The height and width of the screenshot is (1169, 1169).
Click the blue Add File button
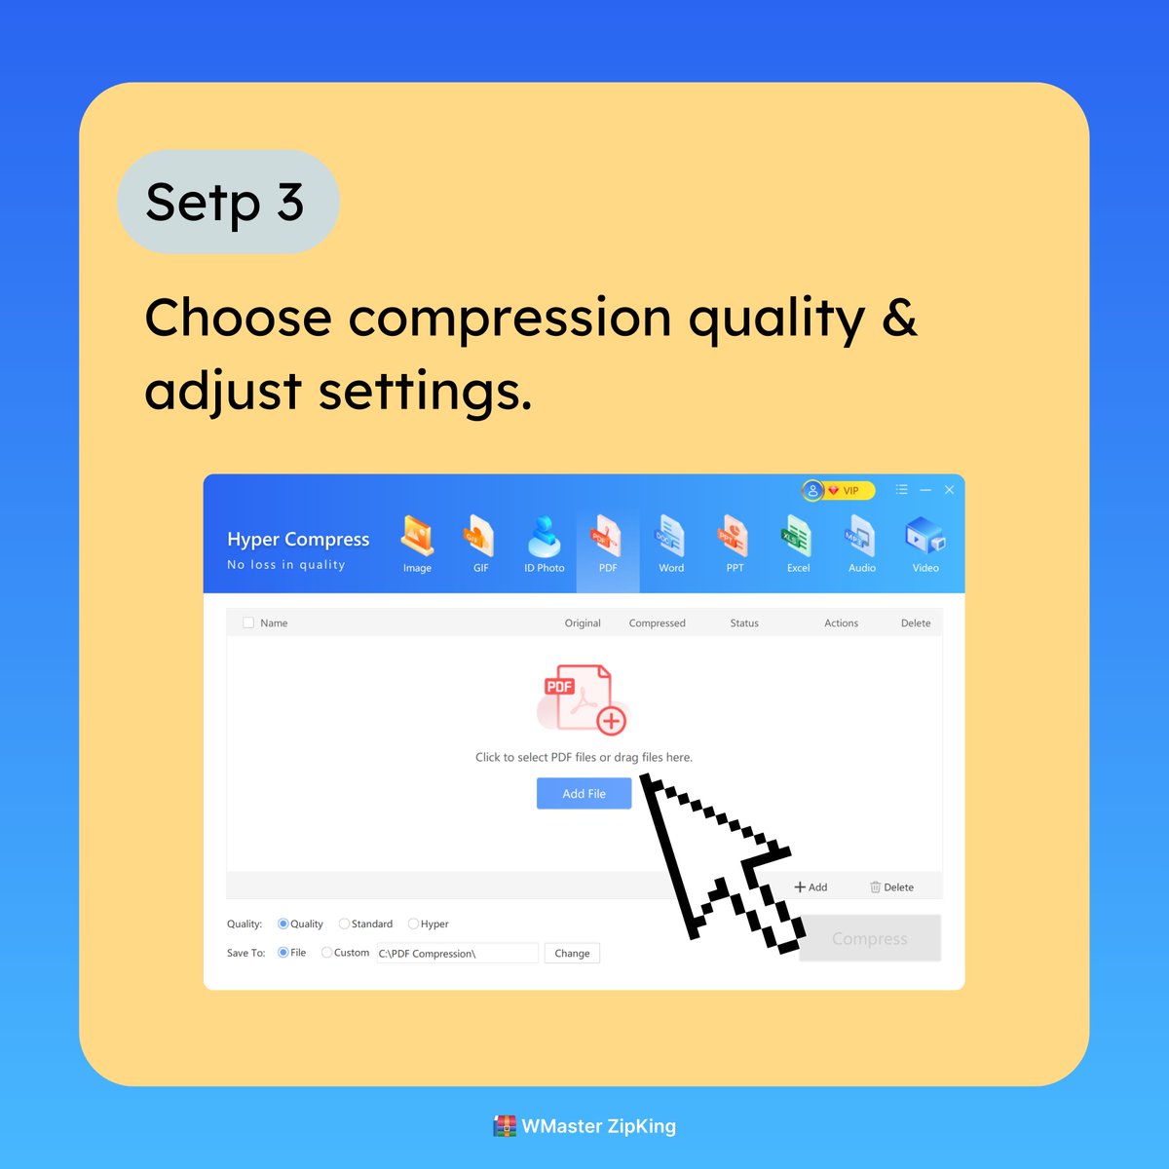584,793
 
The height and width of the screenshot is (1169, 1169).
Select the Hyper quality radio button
414,924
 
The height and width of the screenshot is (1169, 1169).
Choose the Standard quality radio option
344,924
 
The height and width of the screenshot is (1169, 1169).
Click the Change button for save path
572,953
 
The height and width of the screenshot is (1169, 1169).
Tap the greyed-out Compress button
869,938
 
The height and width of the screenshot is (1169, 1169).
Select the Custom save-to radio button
327,953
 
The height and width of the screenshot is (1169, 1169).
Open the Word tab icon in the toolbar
670,538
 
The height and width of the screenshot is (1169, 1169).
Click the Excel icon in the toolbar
798,538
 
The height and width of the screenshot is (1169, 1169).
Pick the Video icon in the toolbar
924,538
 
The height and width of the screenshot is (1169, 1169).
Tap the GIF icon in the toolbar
480,538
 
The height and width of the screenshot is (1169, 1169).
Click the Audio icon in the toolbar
861,538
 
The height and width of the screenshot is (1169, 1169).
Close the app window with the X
949,490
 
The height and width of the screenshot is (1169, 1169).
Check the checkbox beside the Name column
248,622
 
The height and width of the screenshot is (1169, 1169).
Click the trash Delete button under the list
891,886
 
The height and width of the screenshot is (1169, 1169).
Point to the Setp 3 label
226,203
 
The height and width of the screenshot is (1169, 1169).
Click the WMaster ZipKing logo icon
505,1126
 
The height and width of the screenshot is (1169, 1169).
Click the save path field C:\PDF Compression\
456,953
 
